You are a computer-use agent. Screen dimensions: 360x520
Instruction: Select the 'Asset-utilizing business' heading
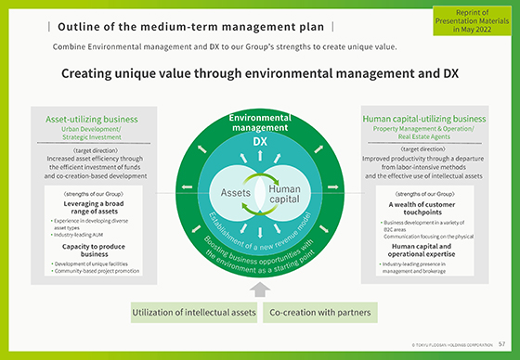pyautogui.click(x=91, y=119)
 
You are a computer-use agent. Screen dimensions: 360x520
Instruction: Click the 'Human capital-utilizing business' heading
pyautogui.click(x=423, y=119)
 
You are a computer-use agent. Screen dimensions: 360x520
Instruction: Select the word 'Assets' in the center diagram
pyautogui.click(x=237, y=193)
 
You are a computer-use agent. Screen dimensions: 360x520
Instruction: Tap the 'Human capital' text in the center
pyautogui.click(x=285, y=194)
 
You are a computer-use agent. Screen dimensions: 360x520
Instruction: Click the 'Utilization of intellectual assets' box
pyautogui.click(x=193, y=313)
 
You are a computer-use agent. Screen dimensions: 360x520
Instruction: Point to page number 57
pyautogui.click(x=502, y=345)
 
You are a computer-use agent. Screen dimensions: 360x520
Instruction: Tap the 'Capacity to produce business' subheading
pyautogui.click(x=91, y=250)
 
